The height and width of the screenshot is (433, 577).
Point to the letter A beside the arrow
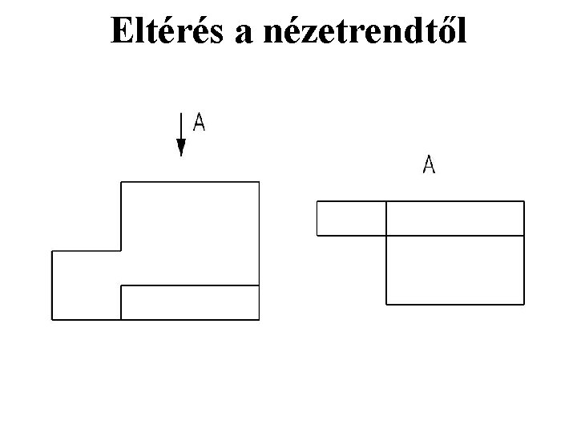point(199,123)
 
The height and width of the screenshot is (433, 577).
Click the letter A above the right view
point(430,165)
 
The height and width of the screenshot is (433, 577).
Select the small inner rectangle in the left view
point(190,302)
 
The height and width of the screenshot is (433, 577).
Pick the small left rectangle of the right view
point(352,218)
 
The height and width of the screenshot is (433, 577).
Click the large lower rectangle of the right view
point(454,269)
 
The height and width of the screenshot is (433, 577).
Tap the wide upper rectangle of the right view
point(454,218)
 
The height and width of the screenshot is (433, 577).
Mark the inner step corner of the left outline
point(121,251)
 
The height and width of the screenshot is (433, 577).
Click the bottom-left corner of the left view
point(52,319)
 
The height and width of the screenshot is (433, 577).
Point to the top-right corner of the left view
point(259,182)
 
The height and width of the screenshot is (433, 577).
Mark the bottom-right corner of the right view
point(524,304)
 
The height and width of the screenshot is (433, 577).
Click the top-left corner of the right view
point(317,202)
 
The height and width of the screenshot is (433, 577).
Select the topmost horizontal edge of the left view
point(190,182)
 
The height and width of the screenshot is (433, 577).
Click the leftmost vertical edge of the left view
point(52,285)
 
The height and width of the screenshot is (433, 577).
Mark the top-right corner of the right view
point(524,202)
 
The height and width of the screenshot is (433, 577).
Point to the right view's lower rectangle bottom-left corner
point(386,304)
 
